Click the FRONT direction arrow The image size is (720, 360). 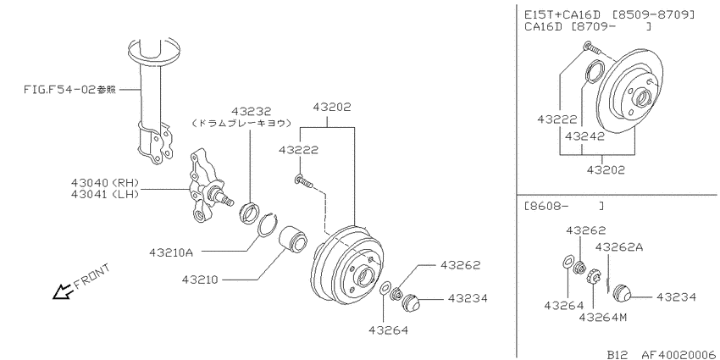pyautogui.click(x=64, y=291)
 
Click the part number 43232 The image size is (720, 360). pyautogui.click(x=252, y=112)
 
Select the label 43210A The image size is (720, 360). pyautogui.click(x=171, y=252)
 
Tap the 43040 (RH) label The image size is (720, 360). pyautogui.click(x=105, y=183)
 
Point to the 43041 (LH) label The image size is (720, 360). pyautogui.click(x=105, y=194)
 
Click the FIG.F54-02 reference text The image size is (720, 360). pyautogui.click(x=69, y=89)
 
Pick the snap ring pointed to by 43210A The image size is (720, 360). pyautogui.click(x=269, y=225)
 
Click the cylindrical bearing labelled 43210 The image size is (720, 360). pyautogui.click(x=293, y=240)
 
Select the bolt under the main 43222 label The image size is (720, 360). pyautogui.click(x=304, y=181)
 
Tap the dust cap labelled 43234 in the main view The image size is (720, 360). pyautogui.click(x=410, y=303)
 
